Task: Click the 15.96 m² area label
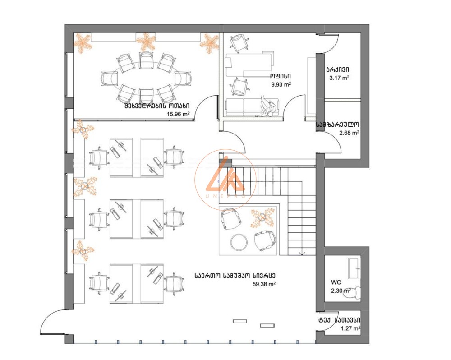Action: [x=178, y=114]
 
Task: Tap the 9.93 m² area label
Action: [x=281, y=85]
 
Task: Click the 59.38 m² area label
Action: [x=264, y=284]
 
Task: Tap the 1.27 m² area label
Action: [x=351, y=328]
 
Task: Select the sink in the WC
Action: [x=354, y=268]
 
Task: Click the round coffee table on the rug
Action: [x=239, y=242]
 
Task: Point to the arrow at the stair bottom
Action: [x=302, y=253]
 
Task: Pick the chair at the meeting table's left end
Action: [x=109, y=78]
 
